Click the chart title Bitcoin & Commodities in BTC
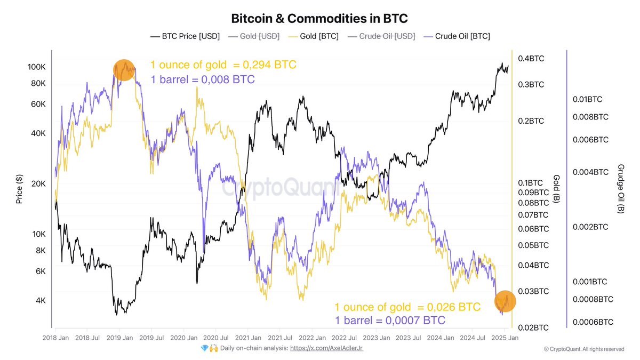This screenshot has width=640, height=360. [x=319, y=18]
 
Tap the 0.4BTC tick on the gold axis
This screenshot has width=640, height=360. [x=531, y=59]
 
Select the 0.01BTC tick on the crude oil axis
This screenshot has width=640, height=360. [x=587, y=99]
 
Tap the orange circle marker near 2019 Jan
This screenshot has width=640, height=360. [x=124, y=70]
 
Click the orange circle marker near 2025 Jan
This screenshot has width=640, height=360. [x=505, y=302]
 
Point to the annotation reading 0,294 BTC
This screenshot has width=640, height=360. [x=223, y=65]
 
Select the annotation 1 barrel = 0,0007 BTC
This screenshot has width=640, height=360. [x=390, y=321]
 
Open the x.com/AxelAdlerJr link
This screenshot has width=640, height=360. [x=326, y=348]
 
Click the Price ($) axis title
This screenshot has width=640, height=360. [x=19, y=190]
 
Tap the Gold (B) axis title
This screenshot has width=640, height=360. [x=556, y=188]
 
